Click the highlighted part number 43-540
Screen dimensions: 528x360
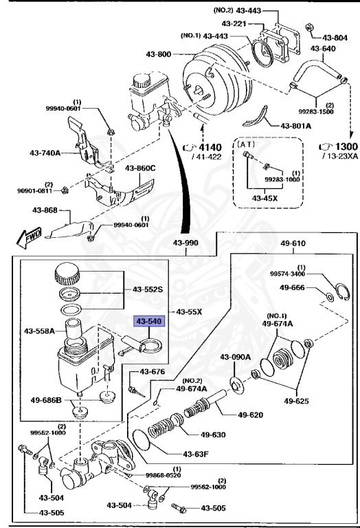148,321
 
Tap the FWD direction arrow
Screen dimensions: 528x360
29,239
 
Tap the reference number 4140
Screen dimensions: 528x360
212,147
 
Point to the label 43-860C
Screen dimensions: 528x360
140,168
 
